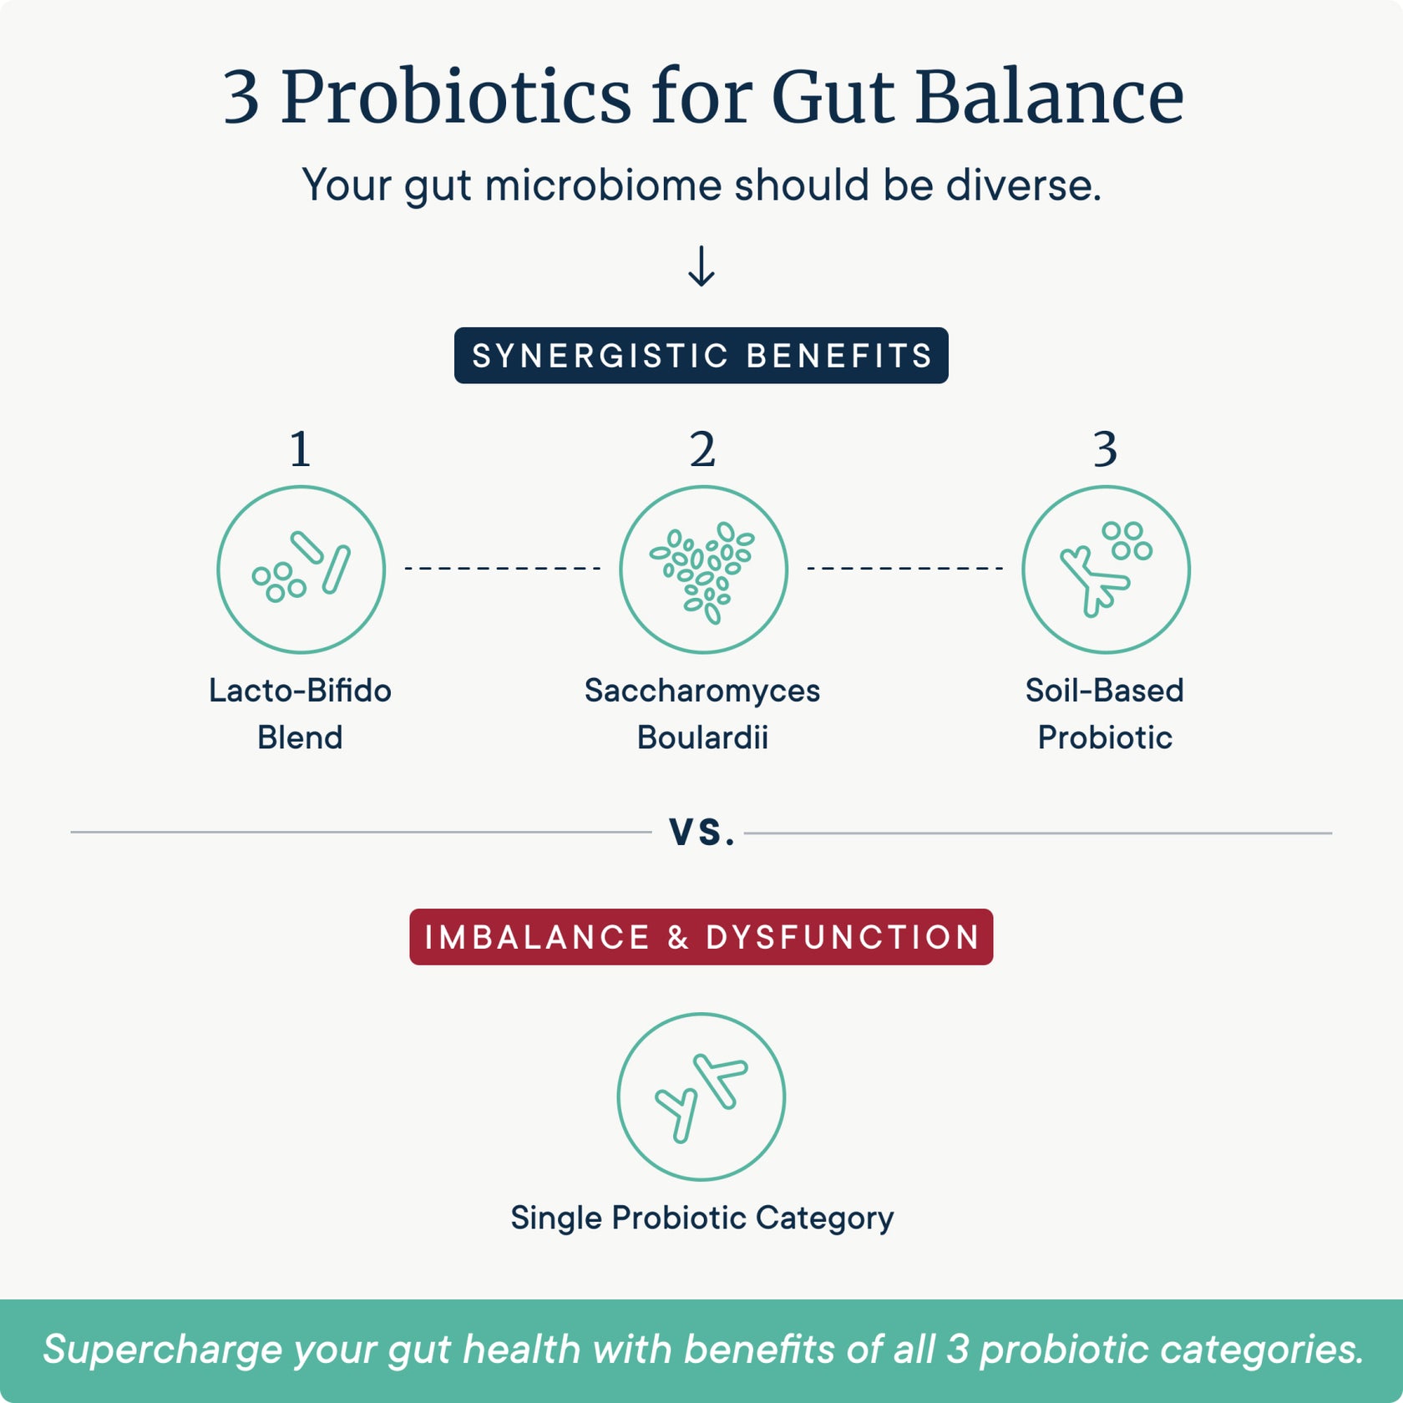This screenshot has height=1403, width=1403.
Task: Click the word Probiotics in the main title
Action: (x=455, y=98)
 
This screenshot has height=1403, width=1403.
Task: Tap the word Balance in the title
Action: (x=1049, y=98)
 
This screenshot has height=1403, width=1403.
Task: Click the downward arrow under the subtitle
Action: (x=701, y=266)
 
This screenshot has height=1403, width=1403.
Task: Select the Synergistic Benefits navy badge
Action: (x=701, y=356)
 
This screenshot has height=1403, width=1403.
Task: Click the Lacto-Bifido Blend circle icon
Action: (x=301, y=570)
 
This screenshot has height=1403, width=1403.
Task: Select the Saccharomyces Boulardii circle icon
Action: (x=703, y=570)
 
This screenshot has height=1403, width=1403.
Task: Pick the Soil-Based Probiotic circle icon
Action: (x=1106, y=570)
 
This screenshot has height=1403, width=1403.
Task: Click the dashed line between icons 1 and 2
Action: (x=502, y=569)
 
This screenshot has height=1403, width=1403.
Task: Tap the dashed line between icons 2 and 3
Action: (x=904, y=569)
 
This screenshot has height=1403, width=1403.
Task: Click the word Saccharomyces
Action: (x=701, y=691)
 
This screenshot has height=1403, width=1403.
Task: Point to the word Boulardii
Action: (x=701, y=738)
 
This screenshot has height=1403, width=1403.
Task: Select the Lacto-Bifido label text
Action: (x=300, y=691)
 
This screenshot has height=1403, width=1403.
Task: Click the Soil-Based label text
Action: (x=1104, y=691)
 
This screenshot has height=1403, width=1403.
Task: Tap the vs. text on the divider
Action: (x=701, y=832)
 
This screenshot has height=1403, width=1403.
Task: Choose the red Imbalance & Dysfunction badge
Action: (x=701, y=937)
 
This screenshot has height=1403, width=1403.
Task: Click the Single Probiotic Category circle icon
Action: (x=701, y=1097)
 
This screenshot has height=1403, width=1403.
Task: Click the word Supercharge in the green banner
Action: (x=163, y=1350)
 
